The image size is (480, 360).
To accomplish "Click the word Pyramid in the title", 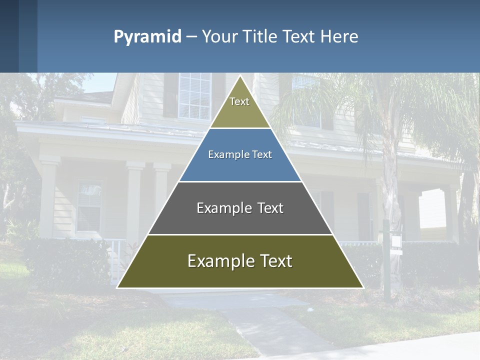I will (x=147, y=37).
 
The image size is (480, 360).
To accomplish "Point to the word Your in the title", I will (x=219, y=37).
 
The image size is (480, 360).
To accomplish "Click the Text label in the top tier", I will (x=239, y=101).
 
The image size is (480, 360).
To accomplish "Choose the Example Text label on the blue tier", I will (x=240, y=154).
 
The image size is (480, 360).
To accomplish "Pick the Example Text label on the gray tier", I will (x=240, y=208).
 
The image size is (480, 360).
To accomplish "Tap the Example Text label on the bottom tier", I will (x=240, y=261).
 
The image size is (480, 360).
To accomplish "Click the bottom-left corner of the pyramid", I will (x=117, y=287).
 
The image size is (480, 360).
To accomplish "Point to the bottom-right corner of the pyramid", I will (x=363, y=287).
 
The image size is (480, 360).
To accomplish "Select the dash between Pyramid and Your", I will (x=191, y=37).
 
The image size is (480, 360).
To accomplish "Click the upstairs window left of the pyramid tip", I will (x=194, y=96).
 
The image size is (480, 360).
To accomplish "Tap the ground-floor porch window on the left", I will (x=89, y=205).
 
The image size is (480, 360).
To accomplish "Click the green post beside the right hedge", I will (x=386, y=265).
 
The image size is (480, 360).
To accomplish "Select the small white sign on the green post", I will (x=396, y=242).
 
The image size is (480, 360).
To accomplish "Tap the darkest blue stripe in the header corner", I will (x=9, y=36).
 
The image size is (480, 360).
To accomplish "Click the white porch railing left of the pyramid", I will (x=116, y=255).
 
